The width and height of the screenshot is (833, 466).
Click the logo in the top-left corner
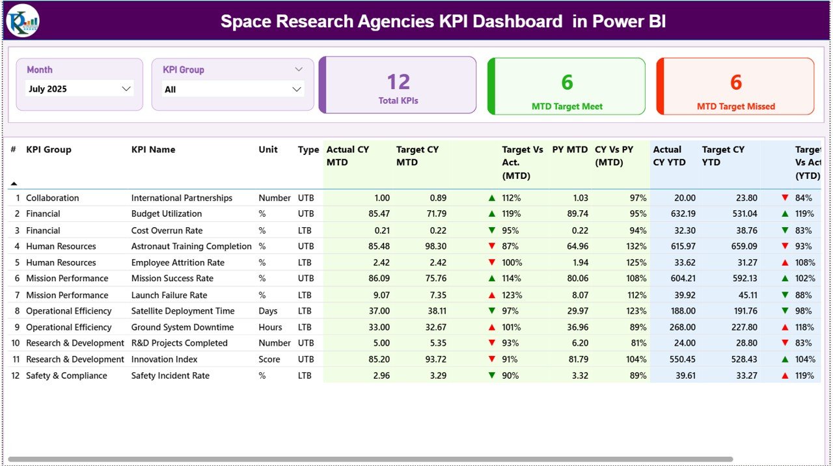pos(23,21)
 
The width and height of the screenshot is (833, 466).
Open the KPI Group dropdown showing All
pos(233,89)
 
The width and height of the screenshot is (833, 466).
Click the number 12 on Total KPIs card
pos(398,82)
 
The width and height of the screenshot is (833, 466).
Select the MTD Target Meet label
pos(567,107)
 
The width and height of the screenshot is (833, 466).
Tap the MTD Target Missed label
pos(735,107)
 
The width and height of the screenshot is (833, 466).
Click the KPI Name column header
pos(153,150)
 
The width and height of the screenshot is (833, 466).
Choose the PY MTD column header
pos(569,150)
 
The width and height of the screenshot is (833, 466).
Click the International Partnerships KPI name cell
pos(182,198)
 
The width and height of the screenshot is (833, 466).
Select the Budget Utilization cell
pos(167,213)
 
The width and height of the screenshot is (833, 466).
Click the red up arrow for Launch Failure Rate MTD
pos(491,295)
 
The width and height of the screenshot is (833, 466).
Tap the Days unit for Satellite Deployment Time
pos(268,311)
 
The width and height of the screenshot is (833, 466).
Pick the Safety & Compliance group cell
pos(66,376)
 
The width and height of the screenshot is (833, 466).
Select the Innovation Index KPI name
pos(164,359)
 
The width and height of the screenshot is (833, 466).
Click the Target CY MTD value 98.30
pos(435,246)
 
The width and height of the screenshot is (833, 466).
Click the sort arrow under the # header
pos(14,184)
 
